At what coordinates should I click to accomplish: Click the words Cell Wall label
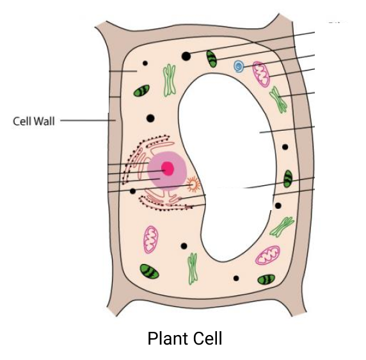click(x=34, y=120)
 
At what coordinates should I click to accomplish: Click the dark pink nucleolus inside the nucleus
click(x=168, y=169)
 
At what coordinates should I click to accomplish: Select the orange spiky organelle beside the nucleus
click(x=193, y=185)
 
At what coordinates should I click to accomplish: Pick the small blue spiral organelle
click(x=239, y=66)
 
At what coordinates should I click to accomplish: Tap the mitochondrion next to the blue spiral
click(x=261, y=74)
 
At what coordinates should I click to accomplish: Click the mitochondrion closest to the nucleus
click(x=150, y=238)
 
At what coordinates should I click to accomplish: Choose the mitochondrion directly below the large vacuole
click(x=267, y=256)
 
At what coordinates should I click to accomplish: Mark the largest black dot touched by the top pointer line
click(x=186, y=56)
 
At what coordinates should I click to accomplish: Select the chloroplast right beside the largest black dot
click(x=212, y=59)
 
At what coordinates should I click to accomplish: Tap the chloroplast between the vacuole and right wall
click(x=288, y=179)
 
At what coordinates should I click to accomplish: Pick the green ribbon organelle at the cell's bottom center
click(x=192, y=268)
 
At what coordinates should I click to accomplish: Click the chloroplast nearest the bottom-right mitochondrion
click(x=266, y=279)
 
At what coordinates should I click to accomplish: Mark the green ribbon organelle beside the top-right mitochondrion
click(x=278, y=99)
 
